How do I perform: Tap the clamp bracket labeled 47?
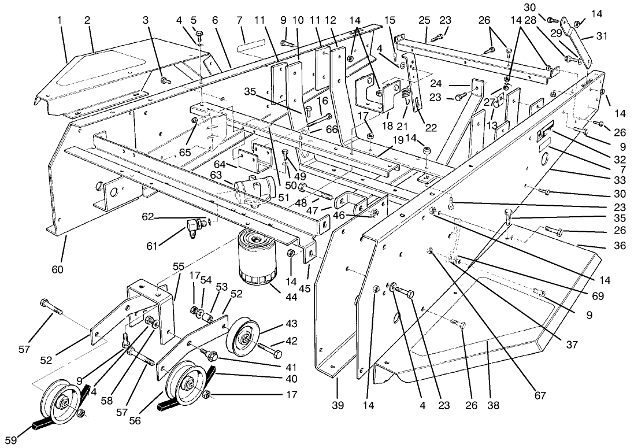tap(352, 200)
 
